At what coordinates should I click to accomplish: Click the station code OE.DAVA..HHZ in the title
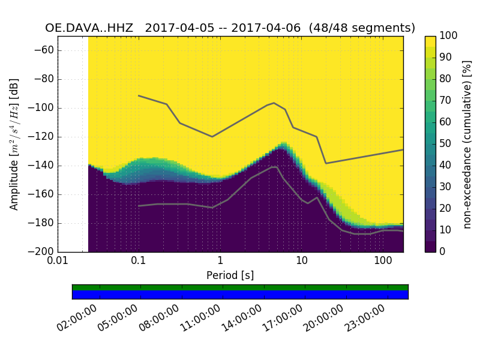[91, 28]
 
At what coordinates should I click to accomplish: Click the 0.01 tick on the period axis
[58, 261]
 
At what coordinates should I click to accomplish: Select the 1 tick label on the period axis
[220, 261]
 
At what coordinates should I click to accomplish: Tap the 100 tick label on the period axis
[383, 261]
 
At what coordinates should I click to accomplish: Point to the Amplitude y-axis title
[14, 144]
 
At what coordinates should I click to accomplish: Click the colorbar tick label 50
[446, 143]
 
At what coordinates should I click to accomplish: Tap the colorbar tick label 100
[449, 36]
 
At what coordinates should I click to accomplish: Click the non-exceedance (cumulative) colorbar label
[467, 144]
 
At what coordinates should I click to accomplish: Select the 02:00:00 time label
[78, 318]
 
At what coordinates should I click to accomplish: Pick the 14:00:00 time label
[242, 318]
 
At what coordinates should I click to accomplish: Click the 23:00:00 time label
[365, 318]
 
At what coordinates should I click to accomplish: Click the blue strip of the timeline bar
[240, 295]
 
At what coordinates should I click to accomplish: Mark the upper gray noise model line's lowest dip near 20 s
[326, 163]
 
